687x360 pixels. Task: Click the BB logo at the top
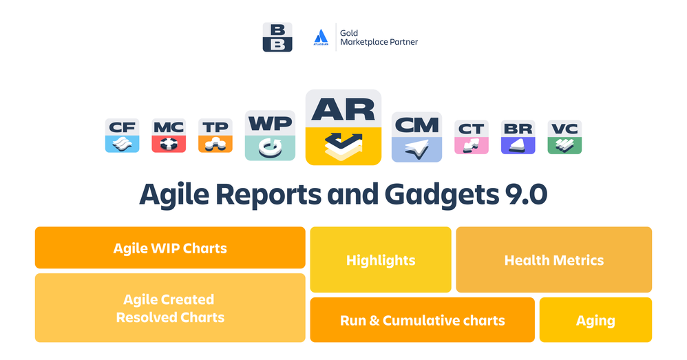pyautogui.click(x=277, y=37)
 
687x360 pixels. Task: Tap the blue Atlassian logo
pyautogui.click(x=321, y=37)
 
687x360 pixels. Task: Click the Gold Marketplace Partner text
pyautogui.click(x=379, y=37)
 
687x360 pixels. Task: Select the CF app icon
pyautogui.click(x=123, y=136)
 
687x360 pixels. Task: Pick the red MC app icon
pyautogui.click(x=169, y=136)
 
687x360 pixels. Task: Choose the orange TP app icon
pyautogui.click(x=215, y=136)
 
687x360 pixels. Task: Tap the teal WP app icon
pyautogui.click(x=270, y=136)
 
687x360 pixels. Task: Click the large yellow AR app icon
pyautogui.click(x=343, y=127)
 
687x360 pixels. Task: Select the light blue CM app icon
pyautogui.click(x=416, y=137)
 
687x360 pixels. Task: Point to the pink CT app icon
pyautogui.click(x=472, y=136)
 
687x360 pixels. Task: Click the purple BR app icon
pyautogui.click(x=518, y=136)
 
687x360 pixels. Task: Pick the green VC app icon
pyautogui.click(x=564, y=136)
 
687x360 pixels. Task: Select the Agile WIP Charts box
pyautogui.click(x=170, y=248)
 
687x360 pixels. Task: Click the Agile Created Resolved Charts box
pyautogui.click(x=170, y=308)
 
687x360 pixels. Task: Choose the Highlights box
pyautogui.click(x=381, y=260)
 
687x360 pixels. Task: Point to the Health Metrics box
pyautogui.click(x=553, y=260)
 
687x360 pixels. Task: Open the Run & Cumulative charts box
pyautogui.click(x=422, y=320)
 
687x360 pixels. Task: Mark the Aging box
pyautogui.click(x=595, y=320)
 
